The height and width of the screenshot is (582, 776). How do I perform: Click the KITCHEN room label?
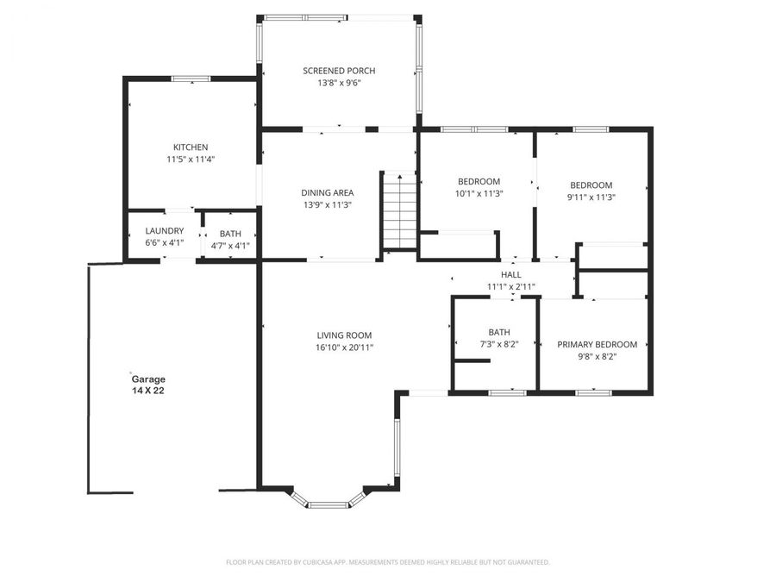191,147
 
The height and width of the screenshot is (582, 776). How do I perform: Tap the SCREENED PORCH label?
339,71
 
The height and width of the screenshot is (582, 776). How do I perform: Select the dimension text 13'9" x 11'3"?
327,204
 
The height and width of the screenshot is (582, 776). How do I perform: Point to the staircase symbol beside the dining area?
399,210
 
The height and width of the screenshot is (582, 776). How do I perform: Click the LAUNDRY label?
164,231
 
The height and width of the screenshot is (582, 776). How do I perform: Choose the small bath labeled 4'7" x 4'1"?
230,239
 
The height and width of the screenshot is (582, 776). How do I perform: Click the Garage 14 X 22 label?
147,384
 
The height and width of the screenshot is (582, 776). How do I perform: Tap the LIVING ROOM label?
344,335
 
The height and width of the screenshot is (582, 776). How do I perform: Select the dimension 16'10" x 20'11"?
344,347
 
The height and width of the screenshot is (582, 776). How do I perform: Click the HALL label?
510,275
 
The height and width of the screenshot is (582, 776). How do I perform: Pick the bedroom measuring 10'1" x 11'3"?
479,187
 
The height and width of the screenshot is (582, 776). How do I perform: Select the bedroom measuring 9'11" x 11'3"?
591,191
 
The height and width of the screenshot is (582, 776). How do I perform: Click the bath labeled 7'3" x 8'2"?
498,337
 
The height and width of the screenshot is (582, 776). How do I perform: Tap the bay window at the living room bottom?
329,501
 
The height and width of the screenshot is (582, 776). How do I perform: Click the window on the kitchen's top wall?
191,79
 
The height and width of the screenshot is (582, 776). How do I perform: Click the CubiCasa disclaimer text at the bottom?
387,562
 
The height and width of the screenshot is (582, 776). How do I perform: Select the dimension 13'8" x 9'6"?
339,84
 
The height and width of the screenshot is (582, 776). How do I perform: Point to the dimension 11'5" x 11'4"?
191,160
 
